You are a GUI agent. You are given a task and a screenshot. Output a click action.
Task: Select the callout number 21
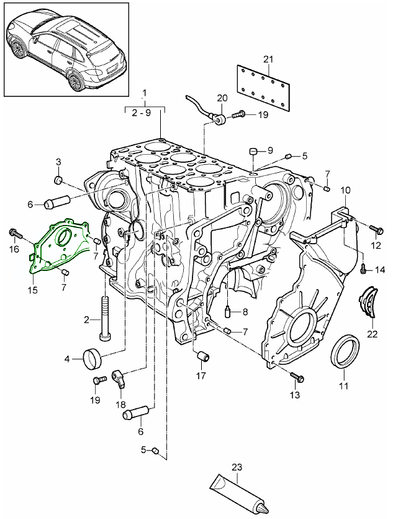pyautogui.click(x=268, y=59)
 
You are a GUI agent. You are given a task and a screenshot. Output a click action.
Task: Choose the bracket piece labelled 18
pyautogui.click(x=120, y=377)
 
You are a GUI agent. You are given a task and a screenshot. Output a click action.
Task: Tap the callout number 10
pyautogui.click(x=346, y=189)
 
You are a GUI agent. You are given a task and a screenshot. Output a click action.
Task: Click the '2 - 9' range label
pyautogui.click(x=145, y=113)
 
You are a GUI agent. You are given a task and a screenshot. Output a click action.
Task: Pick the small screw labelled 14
pyautogui.click(x=363, y=269)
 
